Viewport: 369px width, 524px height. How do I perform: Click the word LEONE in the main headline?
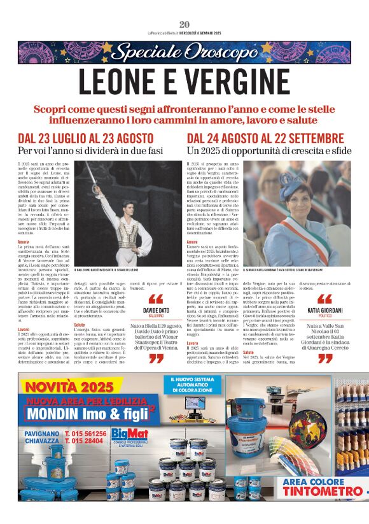(x=127, y=81)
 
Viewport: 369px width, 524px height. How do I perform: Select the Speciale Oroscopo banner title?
(x=184, y=52)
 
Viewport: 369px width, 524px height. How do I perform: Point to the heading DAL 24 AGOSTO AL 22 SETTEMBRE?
(x=266, y=138)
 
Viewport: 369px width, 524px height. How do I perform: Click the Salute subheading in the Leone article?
(x=80, y=324)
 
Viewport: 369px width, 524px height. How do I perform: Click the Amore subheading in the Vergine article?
(x=192, y=242)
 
